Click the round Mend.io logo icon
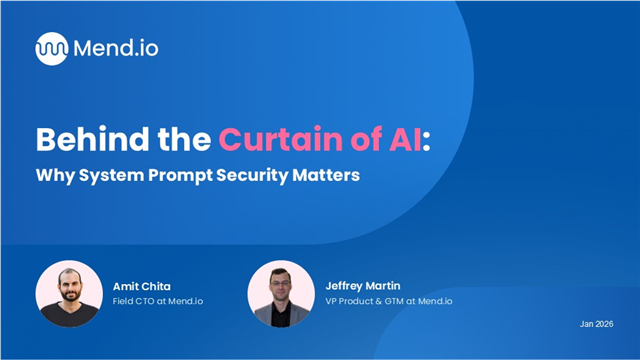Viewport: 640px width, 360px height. [51, 48]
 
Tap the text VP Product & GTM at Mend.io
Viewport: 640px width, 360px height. [382, 301]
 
